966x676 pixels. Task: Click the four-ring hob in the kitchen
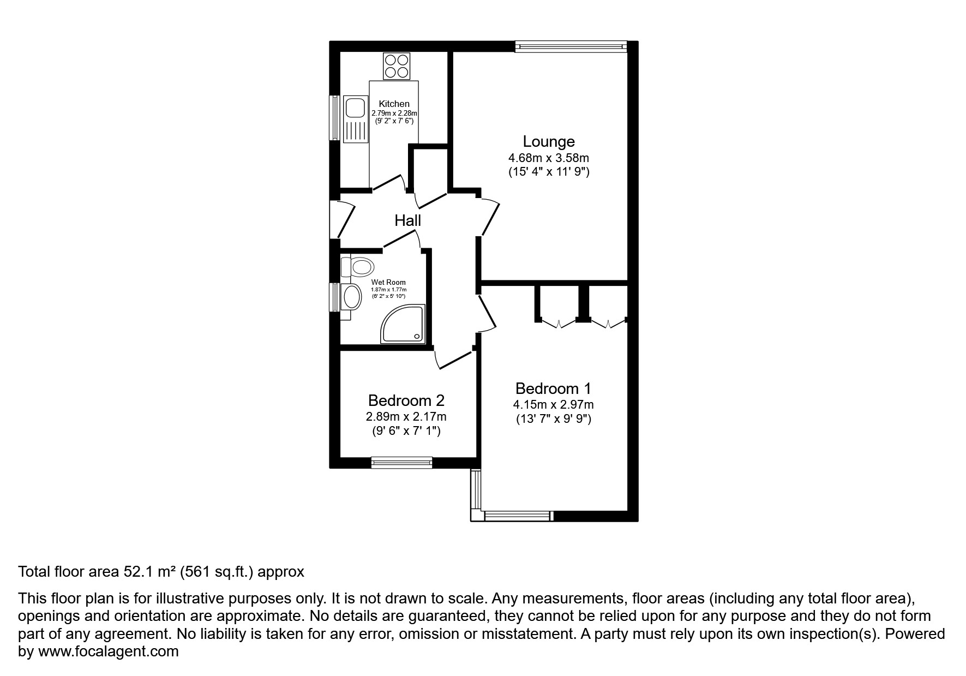coord(397,66)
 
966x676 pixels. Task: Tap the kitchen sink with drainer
coord(355,118)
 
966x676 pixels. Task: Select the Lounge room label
coord(548,141)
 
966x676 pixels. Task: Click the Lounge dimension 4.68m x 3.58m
coord(548,158)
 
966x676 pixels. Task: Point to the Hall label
coord(407,220)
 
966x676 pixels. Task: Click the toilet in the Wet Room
coord(358,267)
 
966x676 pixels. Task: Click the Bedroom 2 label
coord(406,400)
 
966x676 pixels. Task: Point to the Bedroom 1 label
coord(553,388)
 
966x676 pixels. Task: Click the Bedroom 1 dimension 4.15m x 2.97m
coord(553,405)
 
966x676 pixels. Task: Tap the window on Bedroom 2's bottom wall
coord(401,463)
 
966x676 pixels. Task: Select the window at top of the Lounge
coord(571,47)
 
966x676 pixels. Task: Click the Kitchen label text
coord(394,104)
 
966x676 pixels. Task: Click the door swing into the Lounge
coord(489,217)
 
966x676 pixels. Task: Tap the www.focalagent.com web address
coord(107,651)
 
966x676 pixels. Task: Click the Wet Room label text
coord(388,283)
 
